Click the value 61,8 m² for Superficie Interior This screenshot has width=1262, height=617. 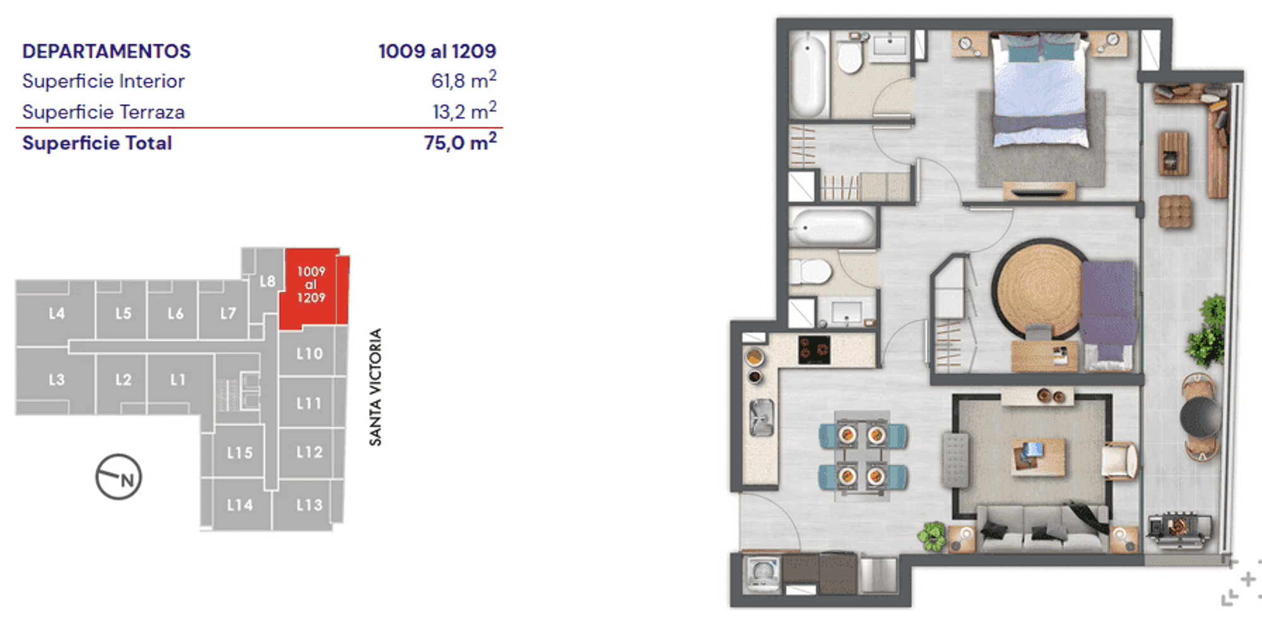tap(464, 80)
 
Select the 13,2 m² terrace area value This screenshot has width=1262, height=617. tap(464, 111)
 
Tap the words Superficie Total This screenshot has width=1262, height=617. tap(97, 143)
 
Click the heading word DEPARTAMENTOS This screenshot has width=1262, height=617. tap(107, 51)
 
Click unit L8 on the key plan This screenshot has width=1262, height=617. tap(267, 281)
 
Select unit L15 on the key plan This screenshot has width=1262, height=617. tap(240, 452)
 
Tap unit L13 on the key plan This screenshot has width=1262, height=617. tap(309, 505)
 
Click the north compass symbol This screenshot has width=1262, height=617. tap(119, 477)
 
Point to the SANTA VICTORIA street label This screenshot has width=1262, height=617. tap(375, 387)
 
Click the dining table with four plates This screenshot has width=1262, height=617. tap(862, 455)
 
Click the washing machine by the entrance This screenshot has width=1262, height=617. tap(762, 573)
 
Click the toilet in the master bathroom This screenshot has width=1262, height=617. tap(851, 54)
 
